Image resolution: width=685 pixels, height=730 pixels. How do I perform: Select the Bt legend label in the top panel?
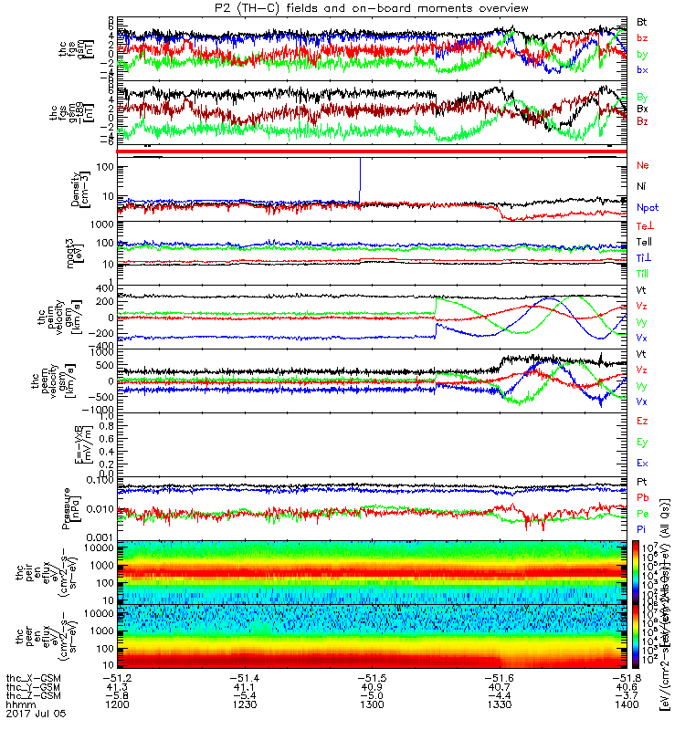point(642,20)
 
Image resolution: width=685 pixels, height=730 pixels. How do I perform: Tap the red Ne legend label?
point(642,165)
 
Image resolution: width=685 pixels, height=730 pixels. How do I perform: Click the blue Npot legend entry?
point(647,208)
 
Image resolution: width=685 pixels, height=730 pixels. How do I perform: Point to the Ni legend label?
point(641,187)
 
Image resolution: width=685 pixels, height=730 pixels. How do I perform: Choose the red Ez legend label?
point(642,421)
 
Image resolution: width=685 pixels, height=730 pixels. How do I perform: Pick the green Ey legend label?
point(642,443)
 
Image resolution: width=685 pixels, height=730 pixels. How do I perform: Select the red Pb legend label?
point(642,497)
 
